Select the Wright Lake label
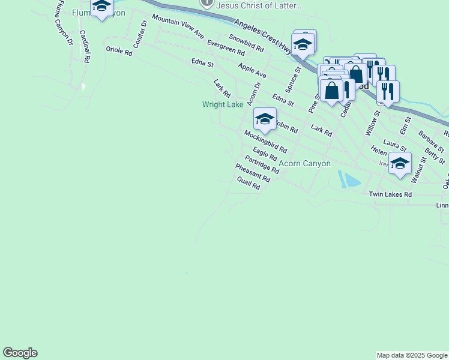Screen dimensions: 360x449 223,104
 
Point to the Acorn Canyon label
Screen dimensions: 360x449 304,163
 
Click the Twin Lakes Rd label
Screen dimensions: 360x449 390,194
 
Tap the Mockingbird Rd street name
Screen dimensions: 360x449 265,142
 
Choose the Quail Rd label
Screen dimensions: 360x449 249,183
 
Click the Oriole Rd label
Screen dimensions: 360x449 118,52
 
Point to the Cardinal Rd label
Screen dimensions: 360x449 84,47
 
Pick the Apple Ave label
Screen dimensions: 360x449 252,70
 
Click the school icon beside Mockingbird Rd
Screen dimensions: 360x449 264,119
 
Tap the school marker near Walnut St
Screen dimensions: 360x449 400,163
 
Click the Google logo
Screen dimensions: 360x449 20,353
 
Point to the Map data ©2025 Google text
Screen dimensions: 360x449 412,355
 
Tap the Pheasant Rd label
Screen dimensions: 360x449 253,173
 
